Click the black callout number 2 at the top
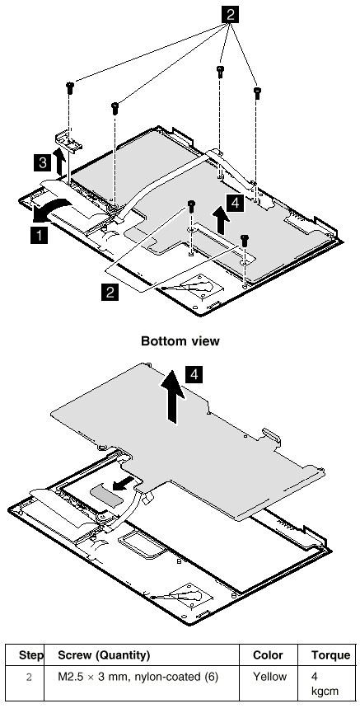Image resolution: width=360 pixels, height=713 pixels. tap(231, 14)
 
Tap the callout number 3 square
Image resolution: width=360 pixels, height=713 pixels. tap(42, 162)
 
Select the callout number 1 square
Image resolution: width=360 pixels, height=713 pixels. tap(39, 235)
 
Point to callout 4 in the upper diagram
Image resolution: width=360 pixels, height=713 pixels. tap(235, 203)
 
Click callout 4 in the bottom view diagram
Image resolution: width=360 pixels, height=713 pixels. tap(194, 375)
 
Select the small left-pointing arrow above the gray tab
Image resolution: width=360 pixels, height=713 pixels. tap(124, 483)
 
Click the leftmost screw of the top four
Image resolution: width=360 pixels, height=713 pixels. tap(69, 87)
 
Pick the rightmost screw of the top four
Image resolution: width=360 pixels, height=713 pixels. tap(257, 93)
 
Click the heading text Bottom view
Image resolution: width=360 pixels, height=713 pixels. tap(180, 340)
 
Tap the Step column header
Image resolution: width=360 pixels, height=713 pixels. tap(31, 655)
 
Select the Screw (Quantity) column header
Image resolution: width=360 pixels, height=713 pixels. tap(104, 655)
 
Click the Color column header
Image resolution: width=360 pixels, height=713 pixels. tap(268, 655)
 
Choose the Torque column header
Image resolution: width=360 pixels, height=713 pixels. tap(330, 655)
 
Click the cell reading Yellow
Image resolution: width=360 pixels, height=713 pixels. tap(269, 677)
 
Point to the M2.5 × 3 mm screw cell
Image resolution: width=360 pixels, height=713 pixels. tap(138, 677)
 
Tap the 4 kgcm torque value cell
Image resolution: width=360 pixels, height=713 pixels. tap(325, 684)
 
